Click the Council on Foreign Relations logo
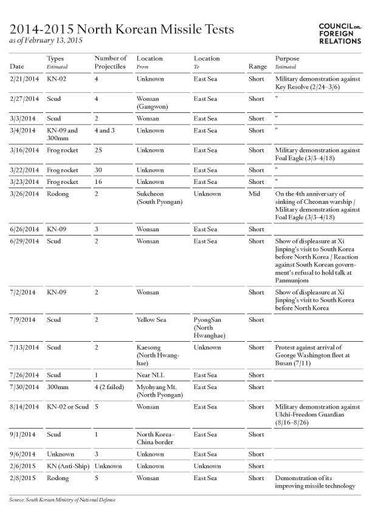click(340, 34)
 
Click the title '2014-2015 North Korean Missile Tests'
click(121, 29)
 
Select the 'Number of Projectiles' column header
click(110, 62)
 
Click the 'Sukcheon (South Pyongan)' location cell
click(159, 198)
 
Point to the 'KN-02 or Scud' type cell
click(67, 407)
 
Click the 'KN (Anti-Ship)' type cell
click(66, 466)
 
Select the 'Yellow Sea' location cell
click(152, 319)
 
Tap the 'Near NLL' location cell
click(150, 375)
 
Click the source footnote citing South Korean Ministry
click(62, 500)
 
